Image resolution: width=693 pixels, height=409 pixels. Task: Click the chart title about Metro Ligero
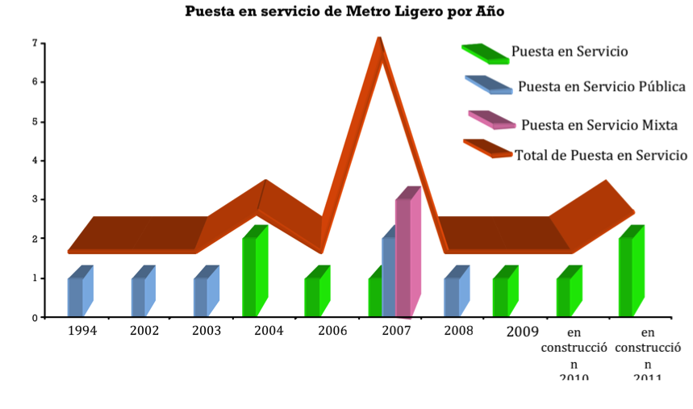[346, 11]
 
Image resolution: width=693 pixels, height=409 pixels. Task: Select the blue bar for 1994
[75, 296]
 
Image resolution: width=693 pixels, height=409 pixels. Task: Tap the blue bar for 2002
[139, 296]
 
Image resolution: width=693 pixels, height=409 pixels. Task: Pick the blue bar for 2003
[201, 296]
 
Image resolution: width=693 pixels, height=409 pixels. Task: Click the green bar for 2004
[250, 276]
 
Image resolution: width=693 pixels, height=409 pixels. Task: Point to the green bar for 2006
[312, 296]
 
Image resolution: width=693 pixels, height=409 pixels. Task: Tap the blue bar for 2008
[452, 296]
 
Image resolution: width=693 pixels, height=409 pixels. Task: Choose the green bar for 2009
[500, 296]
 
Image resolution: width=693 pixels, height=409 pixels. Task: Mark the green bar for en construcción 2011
[626, 276]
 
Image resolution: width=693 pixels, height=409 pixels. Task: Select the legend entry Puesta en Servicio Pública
[602, 86]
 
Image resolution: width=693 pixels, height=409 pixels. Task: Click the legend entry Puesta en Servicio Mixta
[599, 125]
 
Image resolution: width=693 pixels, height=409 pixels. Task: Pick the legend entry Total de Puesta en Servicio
[600, 155]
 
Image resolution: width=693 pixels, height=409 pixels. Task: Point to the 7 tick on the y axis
[34, 43]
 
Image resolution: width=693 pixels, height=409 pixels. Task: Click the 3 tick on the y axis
[34, 199]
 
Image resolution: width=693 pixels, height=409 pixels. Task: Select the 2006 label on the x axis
[332, 331]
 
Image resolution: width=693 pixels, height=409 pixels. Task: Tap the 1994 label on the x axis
[82, 331]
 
